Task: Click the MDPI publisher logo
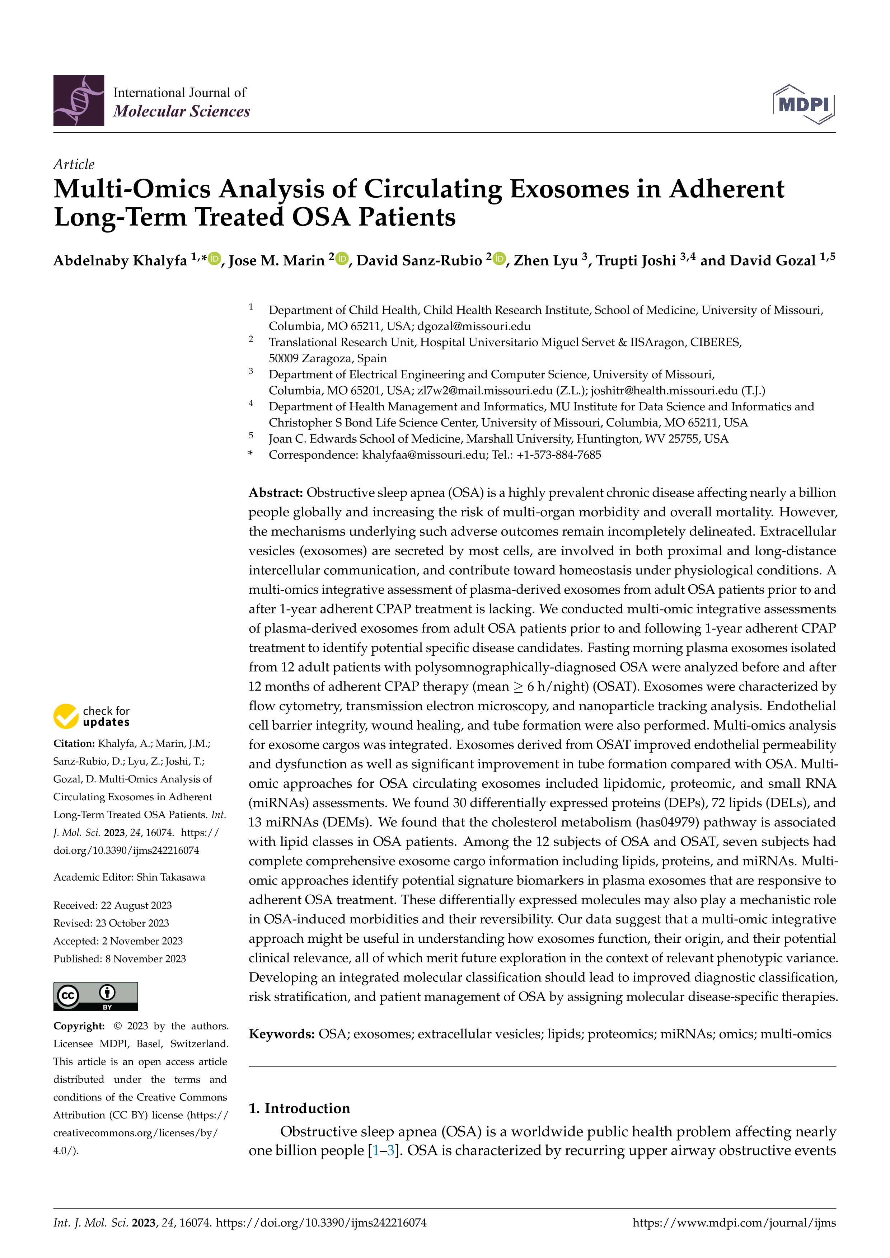804,104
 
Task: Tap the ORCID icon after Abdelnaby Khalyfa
214,259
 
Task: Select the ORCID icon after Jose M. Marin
342,259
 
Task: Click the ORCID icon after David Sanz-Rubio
499,259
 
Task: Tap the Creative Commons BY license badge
95,996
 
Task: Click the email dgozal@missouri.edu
474,326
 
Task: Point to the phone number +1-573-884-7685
558,455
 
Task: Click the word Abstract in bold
276,493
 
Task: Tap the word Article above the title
74,164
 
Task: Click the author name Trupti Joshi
636,260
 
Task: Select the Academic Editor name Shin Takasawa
170,877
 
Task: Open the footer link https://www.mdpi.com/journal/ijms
734,1222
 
